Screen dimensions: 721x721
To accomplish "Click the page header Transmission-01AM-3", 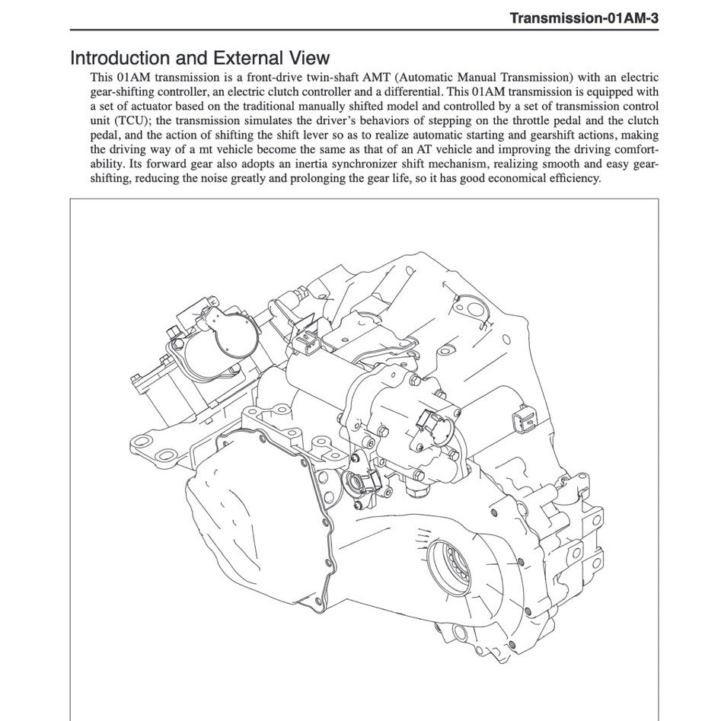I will coord(584,18).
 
